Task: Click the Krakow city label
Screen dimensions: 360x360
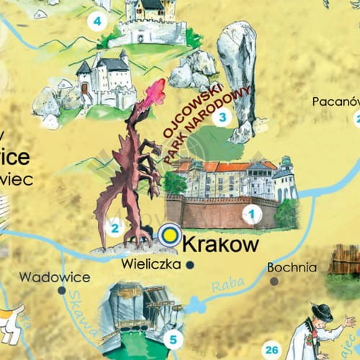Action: click(x=221, y=245)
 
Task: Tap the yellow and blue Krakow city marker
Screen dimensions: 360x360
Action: click(x=170, y=233)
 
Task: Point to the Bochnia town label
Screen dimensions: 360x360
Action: click(x=292, y=267)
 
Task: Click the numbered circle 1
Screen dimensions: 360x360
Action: click(x=252, y=213)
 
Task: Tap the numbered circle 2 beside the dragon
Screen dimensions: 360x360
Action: click(x=113, y=229)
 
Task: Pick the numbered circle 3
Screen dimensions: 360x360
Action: click(x=223, y=117)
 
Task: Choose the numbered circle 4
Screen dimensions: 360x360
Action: click(x=96, y=22)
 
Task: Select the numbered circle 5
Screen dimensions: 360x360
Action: click(x=173, y=338)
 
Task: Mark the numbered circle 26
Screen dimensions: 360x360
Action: click(x=271, y=351)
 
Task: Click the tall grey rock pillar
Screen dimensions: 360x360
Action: click(x=238, y=72)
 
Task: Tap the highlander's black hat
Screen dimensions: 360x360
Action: click(x=322, y=312)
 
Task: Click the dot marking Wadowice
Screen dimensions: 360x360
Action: click(x=62, y=291)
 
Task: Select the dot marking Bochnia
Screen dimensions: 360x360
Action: click(x=274, y=281)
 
